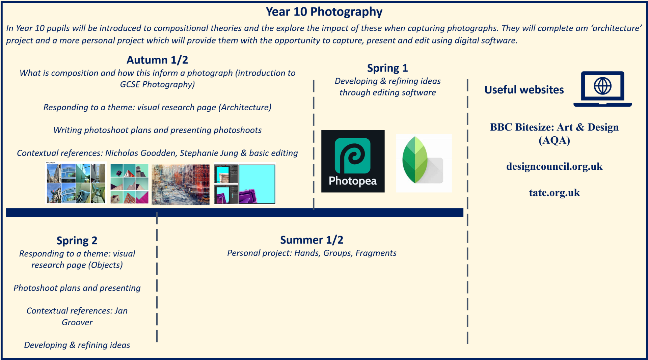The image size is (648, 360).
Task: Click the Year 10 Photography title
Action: click(x=324, y=12)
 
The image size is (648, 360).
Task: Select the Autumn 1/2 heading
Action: click(x=157, y=60)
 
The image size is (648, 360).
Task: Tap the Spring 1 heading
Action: click(x=387, y=68)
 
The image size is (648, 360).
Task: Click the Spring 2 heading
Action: click(x=77, y=241)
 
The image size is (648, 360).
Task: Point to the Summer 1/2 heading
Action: click(x=312, y=240)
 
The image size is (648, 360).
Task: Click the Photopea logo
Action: click(x=353, y=161)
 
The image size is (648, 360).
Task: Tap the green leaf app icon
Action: click(x=424, y=163)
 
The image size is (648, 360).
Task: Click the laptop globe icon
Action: click(x=602, y=89)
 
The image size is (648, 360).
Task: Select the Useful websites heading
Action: click(x=524, y=90)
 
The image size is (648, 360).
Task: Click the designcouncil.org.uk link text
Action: click(x=554, y=166)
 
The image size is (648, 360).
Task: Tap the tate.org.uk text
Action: click(x=554, y=193)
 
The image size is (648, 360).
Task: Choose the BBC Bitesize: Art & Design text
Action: click(x=554, y=127)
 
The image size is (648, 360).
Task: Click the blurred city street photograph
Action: click(x=181, y=185)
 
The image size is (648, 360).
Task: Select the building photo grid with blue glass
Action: click(x=76, y=183)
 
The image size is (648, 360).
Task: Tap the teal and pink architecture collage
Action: click(x=130, y=184)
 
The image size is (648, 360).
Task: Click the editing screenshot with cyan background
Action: click(x=245, y=184)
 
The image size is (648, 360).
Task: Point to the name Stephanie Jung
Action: click(x=209, y=153)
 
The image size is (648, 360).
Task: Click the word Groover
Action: click(x=77, y=323)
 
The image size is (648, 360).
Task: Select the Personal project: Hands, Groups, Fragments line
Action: click(x=312, y=253)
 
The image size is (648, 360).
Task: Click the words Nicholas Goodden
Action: click(x=140, y=153)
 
